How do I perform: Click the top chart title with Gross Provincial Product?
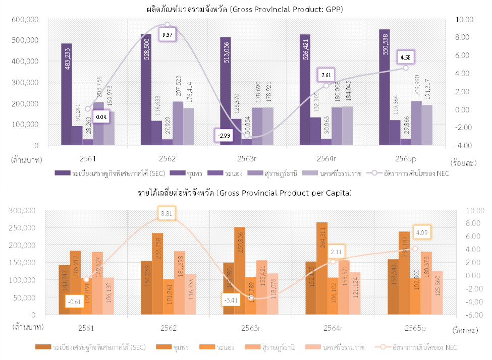point(245,9)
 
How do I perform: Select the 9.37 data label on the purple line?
point(168,35)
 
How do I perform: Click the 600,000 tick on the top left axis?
point(26,19)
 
